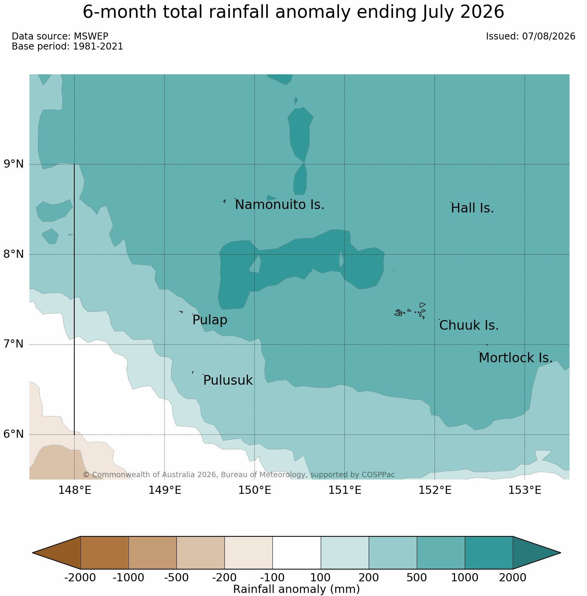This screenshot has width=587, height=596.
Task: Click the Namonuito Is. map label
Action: coord(280,205)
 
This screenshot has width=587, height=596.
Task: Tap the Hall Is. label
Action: coord(472,208)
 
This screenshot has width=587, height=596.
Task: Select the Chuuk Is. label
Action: coord(469,325)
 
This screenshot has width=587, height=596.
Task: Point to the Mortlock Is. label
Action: coord(515,358)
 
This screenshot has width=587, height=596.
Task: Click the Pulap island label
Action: coord(210,320)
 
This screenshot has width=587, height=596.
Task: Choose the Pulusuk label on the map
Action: coord(228,380)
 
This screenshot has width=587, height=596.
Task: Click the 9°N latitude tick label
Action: coord(14,164)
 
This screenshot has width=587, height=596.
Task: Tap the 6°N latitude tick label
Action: coord(14,434)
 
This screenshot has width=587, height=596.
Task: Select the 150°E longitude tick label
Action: coord(255,490)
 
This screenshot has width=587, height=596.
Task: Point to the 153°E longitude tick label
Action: coord(525,490)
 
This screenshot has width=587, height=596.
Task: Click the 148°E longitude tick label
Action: coord(75,490)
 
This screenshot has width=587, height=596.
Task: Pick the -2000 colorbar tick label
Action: coord(80,578)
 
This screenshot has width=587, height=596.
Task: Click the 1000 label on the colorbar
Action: coord(465,578)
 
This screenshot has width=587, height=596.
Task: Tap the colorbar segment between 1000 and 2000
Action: coord(489,553)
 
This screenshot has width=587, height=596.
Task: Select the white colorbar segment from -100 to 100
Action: coord(297,553)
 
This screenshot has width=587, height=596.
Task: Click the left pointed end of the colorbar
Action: coord(33,553)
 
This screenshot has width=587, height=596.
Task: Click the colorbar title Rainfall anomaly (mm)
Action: coord(297,589)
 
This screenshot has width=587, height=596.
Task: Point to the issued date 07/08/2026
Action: coord(549,36)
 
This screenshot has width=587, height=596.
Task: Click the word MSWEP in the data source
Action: coord(91,36)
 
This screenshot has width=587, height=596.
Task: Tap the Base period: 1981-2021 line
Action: coord(67,46)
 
